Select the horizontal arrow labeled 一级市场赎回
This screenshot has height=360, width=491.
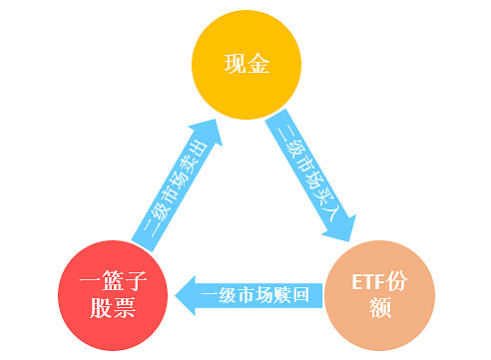click(254, 295)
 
